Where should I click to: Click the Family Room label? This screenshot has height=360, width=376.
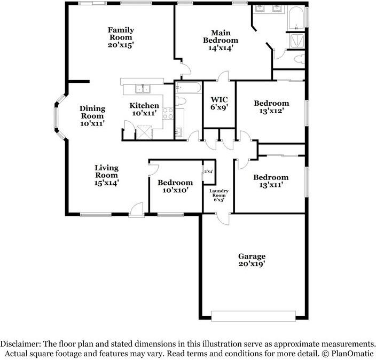click(x=121, y=34)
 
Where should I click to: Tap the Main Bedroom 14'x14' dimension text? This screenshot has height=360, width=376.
click(x=221, y=48)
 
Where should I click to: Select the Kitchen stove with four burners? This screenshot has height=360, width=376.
click(x=168, y=113)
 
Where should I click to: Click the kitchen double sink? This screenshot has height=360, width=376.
click(x=143, y=89)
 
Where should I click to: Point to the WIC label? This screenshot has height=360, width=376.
click(x=219, y=99)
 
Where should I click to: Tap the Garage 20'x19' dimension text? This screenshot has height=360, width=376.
click(x=252, y=264)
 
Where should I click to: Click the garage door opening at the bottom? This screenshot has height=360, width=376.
click(x=253, y=316)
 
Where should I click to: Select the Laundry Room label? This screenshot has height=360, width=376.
click(x=218, y=193)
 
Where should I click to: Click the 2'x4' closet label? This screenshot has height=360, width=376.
click(x=209, y=171)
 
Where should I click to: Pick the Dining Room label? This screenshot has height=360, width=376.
click(x=92, y=112)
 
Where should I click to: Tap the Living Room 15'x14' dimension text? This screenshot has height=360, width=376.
click(x=107, y=183)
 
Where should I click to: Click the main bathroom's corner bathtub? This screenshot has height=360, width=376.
click(x=296, y=18)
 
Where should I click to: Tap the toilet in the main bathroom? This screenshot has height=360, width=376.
click(x=299, y=59)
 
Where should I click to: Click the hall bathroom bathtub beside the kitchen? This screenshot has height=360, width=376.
click(x=188, y=88)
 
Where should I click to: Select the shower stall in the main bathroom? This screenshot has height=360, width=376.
click(x=297, y=41)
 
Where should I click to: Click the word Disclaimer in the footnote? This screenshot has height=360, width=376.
click(x=20, y=343)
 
